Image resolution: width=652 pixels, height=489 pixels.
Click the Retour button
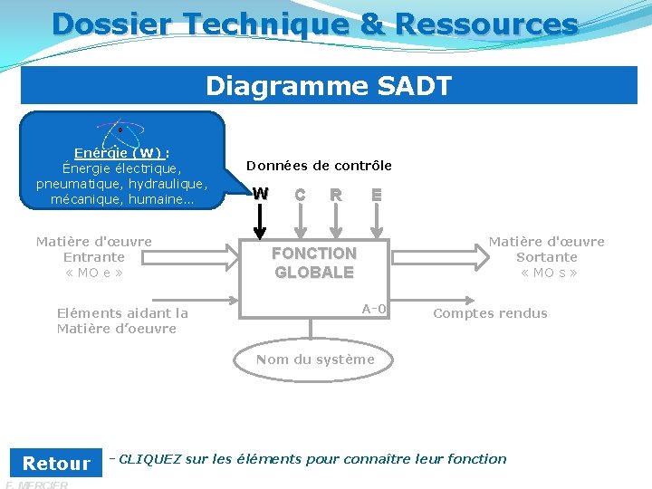tap(56, 464)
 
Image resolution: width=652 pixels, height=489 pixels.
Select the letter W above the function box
tap(261, 194)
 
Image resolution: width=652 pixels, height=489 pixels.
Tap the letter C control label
tap(300, 194)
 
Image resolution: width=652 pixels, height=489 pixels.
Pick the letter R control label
tap(336, 194)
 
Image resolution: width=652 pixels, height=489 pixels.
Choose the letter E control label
tap(376, 194)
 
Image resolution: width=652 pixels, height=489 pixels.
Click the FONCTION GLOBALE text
tap(314, 263)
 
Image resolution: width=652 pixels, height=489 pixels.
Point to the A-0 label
tap(374, 309)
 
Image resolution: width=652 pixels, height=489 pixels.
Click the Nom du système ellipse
tap(314, 360)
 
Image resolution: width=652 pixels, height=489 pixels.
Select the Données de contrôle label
tap(319, 166)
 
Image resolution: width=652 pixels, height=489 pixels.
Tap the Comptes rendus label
tap(490, 313)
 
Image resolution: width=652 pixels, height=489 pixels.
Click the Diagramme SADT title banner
tap(329, 86)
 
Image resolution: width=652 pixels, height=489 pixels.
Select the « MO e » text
tap(93, 273)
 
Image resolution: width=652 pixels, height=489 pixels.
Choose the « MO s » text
tap(548, 273)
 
